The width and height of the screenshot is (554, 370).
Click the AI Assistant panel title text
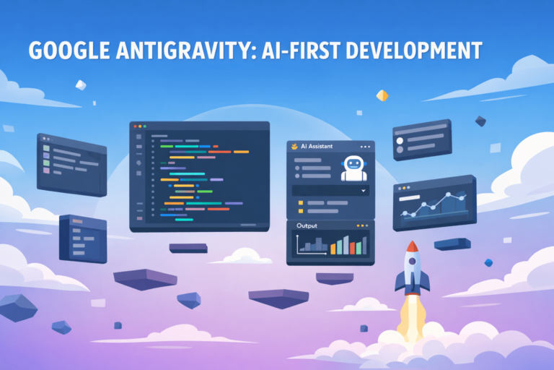pyautogui.click(x=317, y=146)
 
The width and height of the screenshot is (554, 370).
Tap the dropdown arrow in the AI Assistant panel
pyautogui.click(x=362, y=190)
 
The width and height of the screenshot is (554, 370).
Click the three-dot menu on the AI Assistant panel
pyautogui.click(x=365, y=146)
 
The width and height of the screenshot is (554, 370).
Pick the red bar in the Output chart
pyautogui.click(x=354, y=247)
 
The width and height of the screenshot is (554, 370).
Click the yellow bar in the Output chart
pyautogui.click(x=333, y=249)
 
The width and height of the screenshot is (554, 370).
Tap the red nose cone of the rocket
pyautogui.click(x=412, y=247)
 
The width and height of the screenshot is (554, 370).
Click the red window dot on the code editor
pyautogui.click(x=134, y=126)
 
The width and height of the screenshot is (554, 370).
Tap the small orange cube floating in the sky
pyautogui.click(x=382, y=95)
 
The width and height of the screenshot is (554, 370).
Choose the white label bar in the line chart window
pyautogui.click(x=410, y=197)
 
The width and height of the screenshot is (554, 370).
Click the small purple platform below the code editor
pyautogui.click(x=188, y=248)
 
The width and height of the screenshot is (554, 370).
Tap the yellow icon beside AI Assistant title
pyautogui.click(x=294, y=146)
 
